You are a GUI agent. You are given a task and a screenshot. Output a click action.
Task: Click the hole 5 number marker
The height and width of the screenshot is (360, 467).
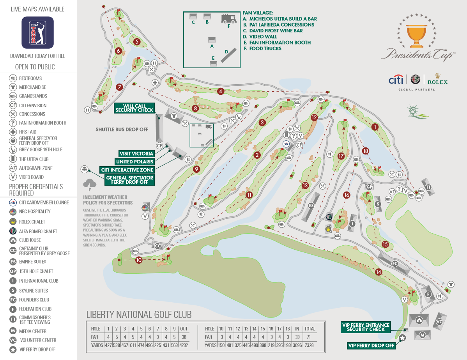(x=137, y=41)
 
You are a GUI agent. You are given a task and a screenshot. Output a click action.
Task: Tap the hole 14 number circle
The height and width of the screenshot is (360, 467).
(x=379, y=272)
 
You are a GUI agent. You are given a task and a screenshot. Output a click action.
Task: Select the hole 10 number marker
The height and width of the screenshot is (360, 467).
(x=139, y=260)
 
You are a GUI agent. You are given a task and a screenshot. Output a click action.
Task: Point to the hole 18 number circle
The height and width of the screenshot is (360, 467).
(x=366, y=151)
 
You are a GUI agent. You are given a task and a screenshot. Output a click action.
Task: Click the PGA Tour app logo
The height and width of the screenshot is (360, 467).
(x=37, y=32)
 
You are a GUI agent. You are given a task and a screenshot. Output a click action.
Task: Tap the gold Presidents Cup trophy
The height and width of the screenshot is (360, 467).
(x=416, y=35)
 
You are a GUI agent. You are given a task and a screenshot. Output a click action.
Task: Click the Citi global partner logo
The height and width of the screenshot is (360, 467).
(x=396, y=80)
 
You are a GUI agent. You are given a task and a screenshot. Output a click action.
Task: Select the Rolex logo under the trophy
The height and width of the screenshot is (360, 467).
(x=437, y=79)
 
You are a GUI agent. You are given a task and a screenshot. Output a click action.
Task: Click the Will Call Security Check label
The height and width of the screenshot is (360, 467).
(x=134, y=108)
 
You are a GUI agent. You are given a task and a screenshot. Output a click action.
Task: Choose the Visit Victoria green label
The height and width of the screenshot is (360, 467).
(x=136, y=153)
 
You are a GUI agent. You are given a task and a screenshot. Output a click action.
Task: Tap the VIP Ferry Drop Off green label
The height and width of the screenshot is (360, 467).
(x=371, y=346)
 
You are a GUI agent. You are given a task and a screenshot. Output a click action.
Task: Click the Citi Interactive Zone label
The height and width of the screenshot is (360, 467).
(x=127, y=170)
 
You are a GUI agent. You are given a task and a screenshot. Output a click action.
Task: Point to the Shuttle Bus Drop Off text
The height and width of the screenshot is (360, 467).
(x=122, y=129)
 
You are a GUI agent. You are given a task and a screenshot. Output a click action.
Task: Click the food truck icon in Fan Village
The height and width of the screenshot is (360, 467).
(x=229, y=19)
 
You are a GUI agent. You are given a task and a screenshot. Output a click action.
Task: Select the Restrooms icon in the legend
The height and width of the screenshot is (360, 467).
(x=12, y=78)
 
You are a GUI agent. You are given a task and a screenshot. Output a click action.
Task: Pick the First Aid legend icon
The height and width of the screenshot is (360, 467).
(x=12, y=132)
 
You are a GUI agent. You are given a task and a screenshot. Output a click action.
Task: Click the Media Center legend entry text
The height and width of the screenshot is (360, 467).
(x=33, y=331)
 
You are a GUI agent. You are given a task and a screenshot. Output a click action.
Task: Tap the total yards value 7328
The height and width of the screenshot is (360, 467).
(x=309, y=345)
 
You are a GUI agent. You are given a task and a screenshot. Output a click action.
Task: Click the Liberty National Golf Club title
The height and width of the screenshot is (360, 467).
(x=139, y=315)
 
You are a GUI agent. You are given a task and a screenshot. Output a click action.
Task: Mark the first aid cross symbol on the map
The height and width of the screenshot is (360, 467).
(x=155, y=83)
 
